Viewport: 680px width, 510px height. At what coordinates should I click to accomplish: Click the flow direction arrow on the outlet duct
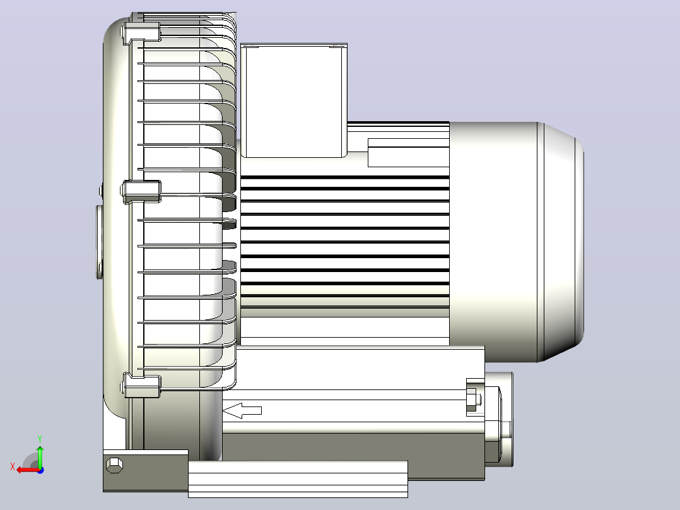pyautogui.click(x=242, y=411)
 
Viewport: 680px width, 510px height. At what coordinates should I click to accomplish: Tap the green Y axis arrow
pyautogui.click(x=40, y=456)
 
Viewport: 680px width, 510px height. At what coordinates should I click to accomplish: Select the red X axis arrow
pyautogui.click(x=28, y=470)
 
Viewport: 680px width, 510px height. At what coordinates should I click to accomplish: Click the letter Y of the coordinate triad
pyautogui.click(x=40, y=439)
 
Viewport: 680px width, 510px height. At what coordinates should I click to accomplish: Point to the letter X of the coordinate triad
pyautogui.click(x=13, y=466)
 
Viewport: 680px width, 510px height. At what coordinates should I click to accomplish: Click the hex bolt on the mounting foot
pyautogui.click(x=114, y=465)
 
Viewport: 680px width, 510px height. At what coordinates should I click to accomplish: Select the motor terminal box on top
pyautogui.click(x=294, y=100)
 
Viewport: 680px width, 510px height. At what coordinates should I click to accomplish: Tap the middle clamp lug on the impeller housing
pyautogui.click(x=143, y=192)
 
